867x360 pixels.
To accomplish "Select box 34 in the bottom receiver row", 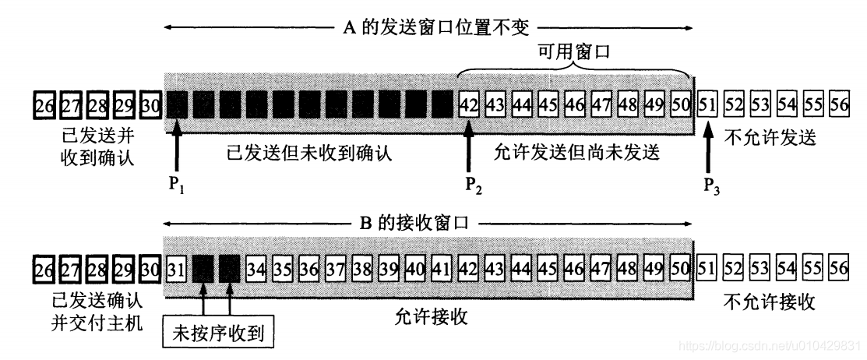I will coord(256,270).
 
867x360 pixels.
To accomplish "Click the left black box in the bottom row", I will coord(203,270).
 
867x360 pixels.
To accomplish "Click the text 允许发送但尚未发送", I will coord(576,154).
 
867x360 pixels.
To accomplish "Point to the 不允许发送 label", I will coord(768,138).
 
